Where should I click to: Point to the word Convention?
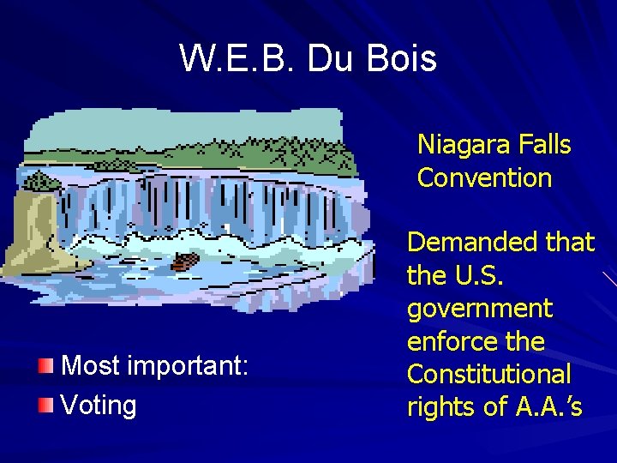(484, 178)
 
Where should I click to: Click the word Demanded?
(473, 243)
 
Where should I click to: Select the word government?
(480, 309)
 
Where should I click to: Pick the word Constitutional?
(488, 374)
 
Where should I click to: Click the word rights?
(440, 407)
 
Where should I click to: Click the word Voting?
(99, 405)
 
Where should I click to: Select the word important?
(189, 367)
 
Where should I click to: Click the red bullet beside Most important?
(47, 367)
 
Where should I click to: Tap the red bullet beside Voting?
(47, 404)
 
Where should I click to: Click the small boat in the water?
(186, 261)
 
